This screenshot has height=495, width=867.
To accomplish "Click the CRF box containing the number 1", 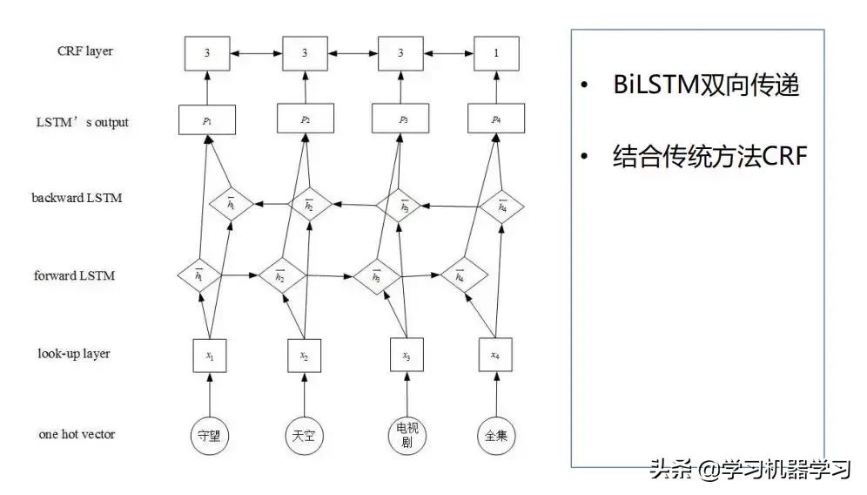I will (496, 54).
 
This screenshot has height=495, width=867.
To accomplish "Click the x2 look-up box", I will (304, 356).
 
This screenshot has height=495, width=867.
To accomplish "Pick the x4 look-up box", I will (495, 356).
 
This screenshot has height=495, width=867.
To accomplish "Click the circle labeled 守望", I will (210, 436).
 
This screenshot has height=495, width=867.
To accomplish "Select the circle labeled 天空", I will (304, 436).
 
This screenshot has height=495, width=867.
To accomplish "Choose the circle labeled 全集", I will (496, 436).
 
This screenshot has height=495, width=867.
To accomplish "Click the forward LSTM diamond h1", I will (198, 276).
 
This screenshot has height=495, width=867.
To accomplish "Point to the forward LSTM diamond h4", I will (459, 276).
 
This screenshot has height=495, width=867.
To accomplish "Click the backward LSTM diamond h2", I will (308, 206).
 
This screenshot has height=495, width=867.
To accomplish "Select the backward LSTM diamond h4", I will (502, 206).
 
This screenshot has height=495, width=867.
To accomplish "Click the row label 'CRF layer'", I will (84, 51).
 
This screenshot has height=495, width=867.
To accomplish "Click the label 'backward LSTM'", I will (77, 198).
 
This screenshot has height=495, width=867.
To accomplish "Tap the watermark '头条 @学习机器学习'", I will (749, 471).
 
